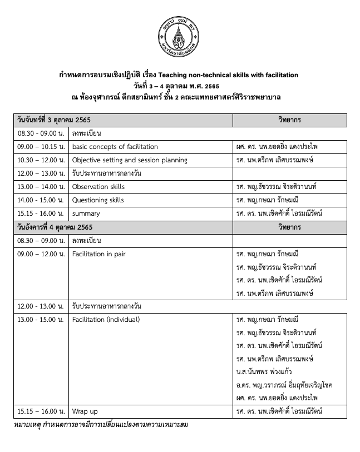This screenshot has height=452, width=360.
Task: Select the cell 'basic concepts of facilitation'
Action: point(115,147)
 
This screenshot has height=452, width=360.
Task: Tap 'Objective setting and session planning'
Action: point(129,160)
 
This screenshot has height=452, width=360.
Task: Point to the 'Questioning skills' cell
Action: point(98,200)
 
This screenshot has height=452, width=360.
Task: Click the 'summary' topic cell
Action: point(86,213)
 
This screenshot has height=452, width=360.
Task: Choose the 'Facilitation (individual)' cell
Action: point(106,320)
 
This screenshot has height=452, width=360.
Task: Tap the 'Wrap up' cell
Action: point(85,411)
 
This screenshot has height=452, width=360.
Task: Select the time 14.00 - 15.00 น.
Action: point(40,200)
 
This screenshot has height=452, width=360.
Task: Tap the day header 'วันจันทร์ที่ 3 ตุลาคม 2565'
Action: point(54,120)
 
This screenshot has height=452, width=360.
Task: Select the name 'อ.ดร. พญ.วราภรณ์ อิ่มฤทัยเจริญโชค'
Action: point(284,385)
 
